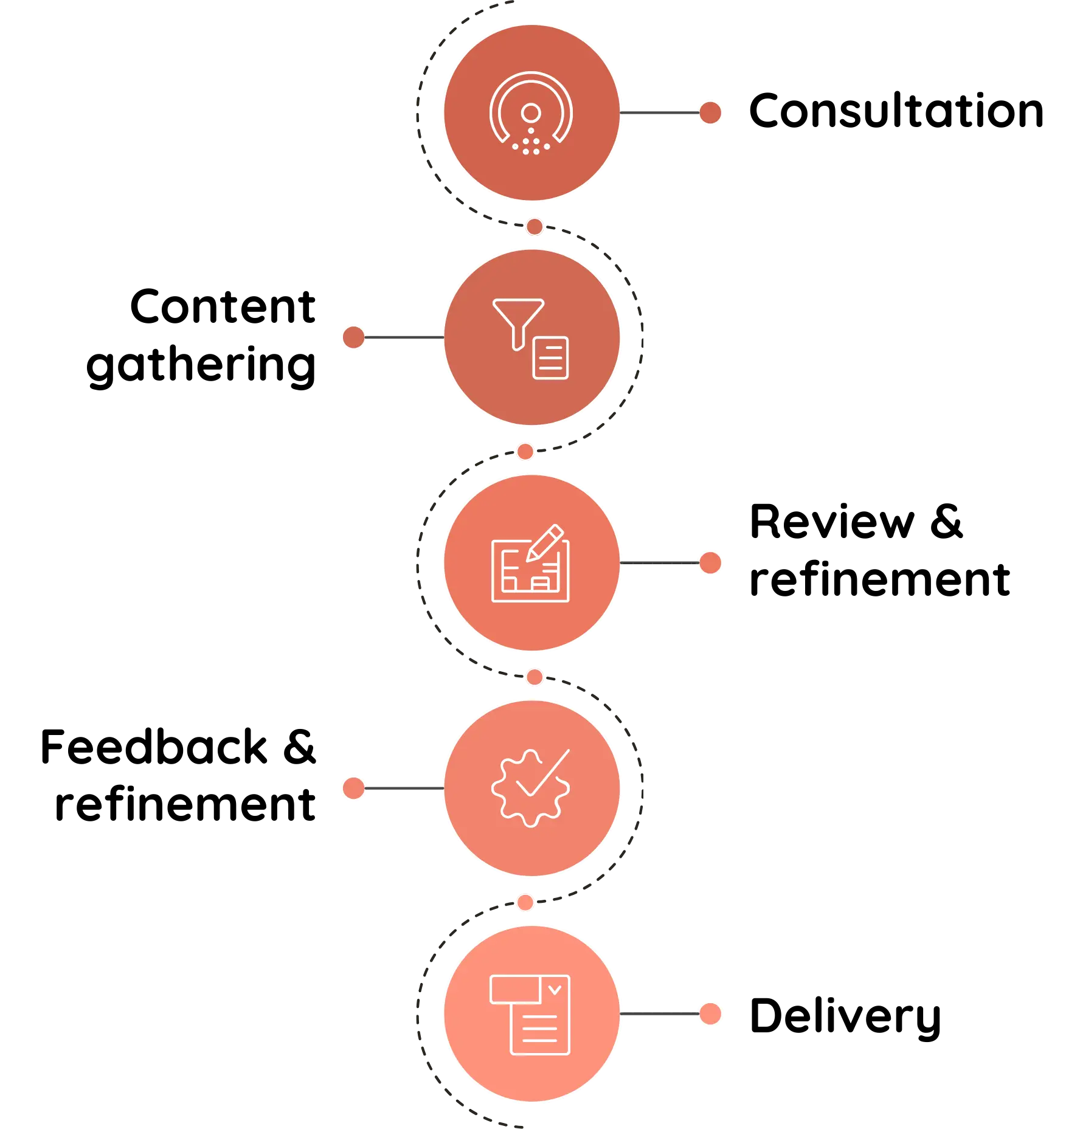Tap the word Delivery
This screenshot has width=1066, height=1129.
(845, 1017)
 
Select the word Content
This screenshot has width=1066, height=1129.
(223, 306)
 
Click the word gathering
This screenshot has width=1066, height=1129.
(201, 365)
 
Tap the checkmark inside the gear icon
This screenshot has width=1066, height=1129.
(543, 773)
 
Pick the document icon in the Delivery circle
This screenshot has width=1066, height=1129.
(530, 1015)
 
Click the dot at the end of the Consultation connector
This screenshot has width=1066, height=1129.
(710, 112)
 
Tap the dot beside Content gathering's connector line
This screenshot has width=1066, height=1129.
(353, 337)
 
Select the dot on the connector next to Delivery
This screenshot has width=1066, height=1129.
(710, 1013)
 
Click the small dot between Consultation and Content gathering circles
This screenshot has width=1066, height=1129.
(535, 227)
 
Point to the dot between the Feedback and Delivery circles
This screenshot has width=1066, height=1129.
(525, 902)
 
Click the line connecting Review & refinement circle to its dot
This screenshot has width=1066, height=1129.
(660, 563)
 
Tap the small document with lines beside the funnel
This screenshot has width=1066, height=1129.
(551, 357)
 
